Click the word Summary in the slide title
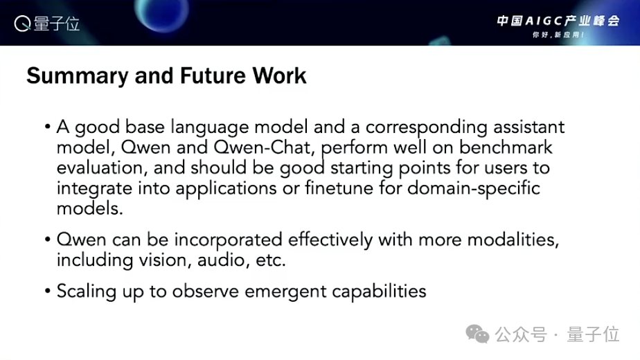78,77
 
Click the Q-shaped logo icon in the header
22,24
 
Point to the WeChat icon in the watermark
477,334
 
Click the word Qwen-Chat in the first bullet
265,147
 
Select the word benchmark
506,147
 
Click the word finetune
339,188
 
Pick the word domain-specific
474,189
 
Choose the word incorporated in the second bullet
228,240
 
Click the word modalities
513,240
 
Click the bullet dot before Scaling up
48,291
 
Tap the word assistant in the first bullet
529,127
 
